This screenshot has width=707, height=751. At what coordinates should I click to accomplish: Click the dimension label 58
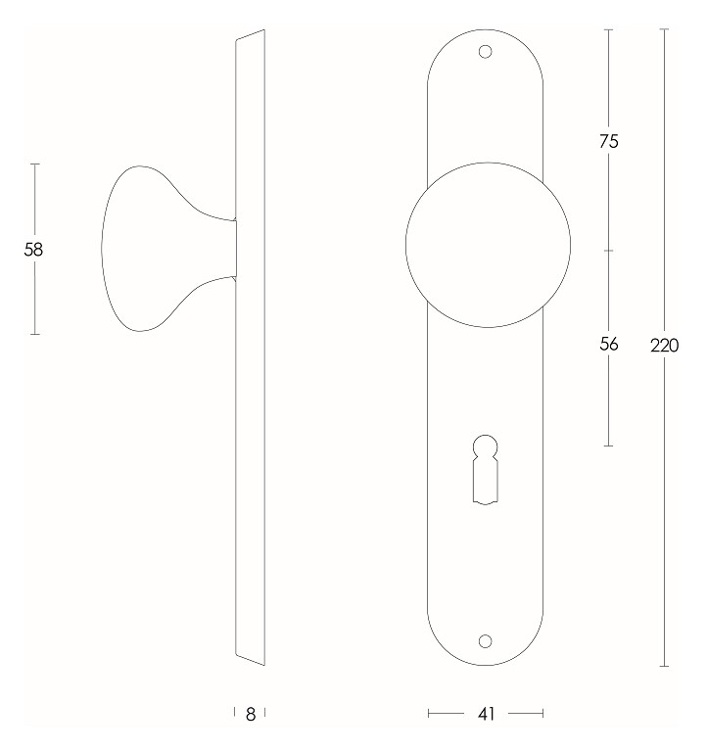click(x=34, y=250)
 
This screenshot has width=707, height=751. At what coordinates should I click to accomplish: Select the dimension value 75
click(x=608, y=141)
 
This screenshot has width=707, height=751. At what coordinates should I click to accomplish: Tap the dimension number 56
click(x=608, y=344)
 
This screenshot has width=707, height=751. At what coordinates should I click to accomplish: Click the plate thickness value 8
click(x=251, y=715)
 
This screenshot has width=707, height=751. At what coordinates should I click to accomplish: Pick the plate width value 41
click(x=486, y=715)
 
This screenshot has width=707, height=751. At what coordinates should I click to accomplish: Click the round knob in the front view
click(x=486, y=244)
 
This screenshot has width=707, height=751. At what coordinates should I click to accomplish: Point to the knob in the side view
click(x=147, y=249)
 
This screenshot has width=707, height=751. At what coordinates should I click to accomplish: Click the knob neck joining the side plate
click(x=229, y=249)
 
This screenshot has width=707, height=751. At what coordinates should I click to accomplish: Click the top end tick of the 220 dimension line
click(x=665, y=29)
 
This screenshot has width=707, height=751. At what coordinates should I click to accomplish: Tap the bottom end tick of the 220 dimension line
click(x=665, y=667)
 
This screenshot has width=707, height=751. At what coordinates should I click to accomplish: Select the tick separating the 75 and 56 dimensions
click(x=608, y=250)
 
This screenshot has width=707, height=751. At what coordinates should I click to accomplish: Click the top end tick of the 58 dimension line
click(x=34, y=164)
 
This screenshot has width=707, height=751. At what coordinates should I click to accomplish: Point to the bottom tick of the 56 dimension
click(x=608, y=446)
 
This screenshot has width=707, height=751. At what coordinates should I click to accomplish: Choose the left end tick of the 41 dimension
click(x=429, y=715)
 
